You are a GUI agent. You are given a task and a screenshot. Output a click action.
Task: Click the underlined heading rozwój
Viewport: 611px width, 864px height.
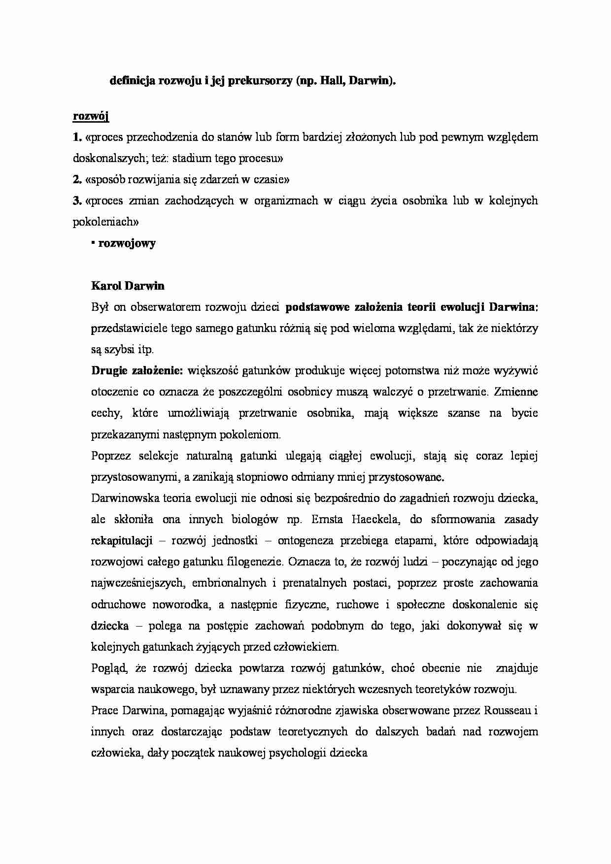[91, 117]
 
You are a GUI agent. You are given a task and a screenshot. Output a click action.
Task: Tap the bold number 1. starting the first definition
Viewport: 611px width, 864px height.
[77, 137]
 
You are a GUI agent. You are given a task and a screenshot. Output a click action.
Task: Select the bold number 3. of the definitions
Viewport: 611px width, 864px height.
[77, 201]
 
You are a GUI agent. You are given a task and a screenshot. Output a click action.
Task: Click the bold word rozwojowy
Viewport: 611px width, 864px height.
[127, 243]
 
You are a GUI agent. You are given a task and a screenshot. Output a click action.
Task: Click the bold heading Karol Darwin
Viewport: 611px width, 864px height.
[128, 286]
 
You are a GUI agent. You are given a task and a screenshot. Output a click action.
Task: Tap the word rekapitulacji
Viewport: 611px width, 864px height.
[122, 541]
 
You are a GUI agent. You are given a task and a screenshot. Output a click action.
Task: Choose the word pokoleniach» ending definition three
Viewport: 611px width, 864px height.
[106, 222]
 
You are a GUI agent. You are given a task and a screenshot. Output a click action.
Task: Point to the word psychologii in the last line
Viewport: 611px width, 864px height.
[302, 753]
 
